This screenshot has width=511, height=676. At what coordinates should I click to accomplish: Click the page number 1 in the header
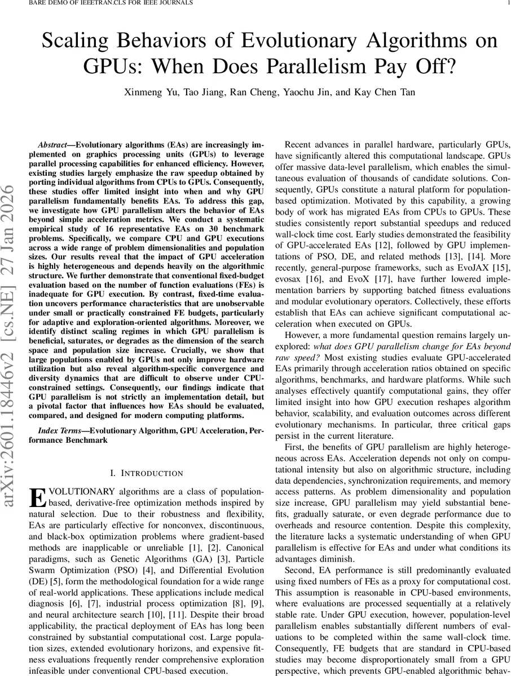(508, 3)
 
